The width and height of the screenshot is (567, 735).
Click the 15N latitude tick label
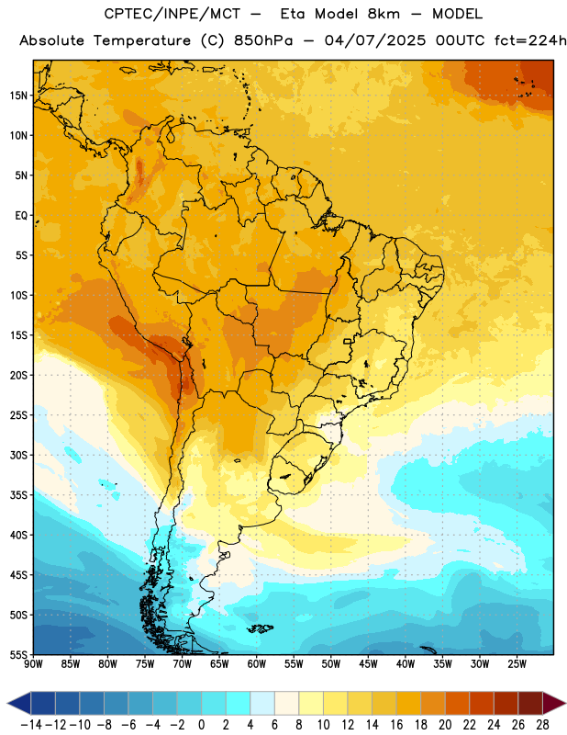tap(18, 96)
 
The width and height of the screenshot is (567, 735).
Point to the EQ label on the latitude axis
tap(21, 216)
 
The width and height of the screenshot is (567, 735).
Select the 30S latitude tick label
tap(18, 455)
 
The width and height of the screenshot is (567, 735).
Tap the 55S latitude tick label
tap(18, 654)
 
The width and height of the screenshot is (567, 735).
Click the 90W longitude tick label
tap(33, 663)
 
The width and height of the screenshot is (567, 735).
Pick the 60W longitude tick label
tap(257, 663)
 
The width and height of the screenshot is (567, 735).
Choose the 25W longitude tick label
tap(517, 663)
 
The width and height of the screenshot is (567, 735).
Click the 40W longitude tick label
tap(406, 663)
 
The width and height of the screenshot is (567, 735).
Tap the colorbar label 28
tap(542, 725)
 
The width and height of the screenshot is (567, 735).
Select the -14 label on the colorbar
tap(31, 725)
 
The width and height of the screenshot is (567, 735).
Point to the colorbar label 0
tap(201, 725)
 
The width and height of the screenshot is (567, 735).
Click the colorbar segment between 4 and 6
tap(262, 703)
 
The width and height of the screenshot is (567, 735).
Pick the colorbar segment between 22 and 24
tap(482, 703)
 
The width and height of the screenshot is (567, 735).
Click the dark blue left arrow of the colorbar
tap(19, 703)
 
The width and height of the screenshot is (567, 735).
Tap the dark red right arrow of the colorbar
tap(554, 703)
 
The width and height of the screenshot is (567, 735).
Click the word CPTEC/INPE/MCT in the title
tap(172, 14)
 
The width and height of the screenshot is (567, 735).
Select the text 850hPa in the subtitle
tap(263, 40)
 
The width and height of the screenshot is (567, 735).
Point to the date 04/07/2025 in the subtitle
tap(375, 40)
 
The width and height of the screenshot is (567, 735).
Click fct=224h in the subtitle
tap(530, 40)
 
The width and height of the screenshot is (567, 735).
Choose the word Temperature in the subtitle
tap(142, 41)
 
